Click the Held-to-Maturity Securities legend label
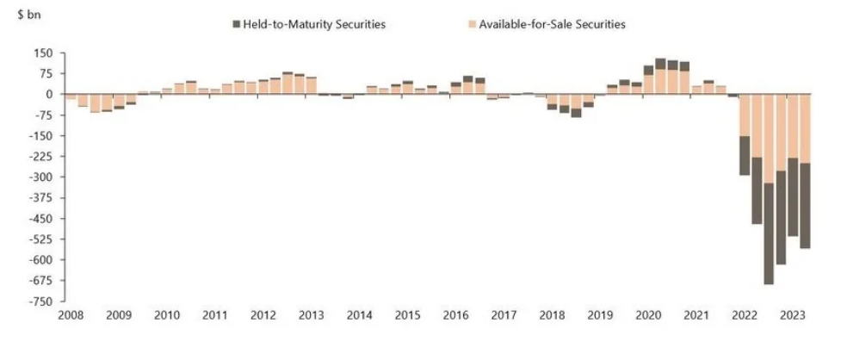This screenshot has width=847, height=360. pyautogui.click(x=315, y=24)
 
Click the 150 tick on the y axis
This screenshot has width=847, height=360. pyautogui.click(x=44, y=53)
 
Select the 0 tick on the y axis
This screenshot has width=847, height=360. pyautogui.click(x=49, y=95)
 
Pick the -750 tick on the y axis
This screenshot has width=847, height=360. pyautogui.click(x=40, y=301)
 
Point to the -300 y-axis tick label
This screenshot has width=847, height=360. pyautogui.click(x=40, y=177)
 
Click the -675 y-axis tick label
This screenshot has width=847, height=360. pyautogui.click(x=40, y=281)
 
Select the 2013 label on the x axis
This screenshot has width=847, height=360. pyautogui.click(x=311, y=316)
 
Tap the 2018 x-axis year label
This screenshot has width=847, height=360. pyautogui.click(x=551, y=316)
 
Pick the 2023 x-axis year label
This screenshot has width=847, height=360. pyautogui.click(x=792, y=316)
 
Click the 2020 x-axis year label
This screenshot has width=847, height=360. pyautogui.click(x=647, y=316)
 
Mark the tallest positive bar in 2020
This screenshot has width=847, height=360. pyautogui.click(x=660, y=77)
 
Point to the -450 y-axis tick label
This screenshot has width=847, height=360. pyautogui.click(x=40, y=219)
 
